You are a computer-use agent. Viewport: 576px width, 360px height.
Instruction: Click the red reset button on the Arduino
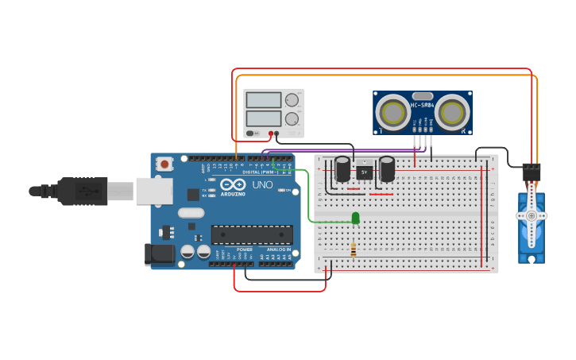pyautogui.click(x=164, y=165)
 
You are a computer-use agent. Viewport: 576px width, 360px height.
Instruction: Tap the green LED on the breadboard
pyautogui.click(x=355, y=218)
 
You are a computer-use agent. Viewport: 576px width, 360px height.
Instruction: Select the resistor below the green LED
pyautogui.click(x=354, y=250)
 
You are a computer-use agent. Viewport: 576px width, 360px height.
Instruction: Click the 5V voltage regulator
pyautogui.click(x=365, y=172)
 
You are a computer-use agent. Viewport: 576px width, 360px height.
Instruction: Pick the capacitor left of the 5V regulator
pyautogui.click(x=342, y=169)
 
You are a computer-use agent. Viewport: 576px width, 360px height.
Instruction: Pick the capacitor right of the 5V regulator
pyautogui.click(x=387, y=169)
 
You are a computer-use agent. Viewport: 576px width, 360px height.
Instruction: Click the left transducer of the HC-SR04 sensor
pyautogui.click(x=392, y=111)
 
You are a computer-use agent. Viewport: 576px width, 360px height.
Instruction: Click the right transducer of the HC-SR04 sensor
pyautogui.click(x=452, y=111)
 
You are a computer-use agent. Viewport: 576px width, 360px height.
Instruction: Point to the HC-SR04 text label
pyautogui.click(x=421, y=105)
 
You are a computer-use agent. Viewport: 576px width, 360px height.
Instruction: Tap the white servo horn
pyautogui.click(x=531, y=215)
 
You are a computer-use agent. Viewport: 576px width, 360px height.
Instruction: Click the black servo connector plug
pyautogui.click(x=531, y=172)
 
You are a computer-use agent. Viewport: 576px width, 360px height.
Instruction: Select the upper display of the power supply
pyautogui.click(x=264, y=100)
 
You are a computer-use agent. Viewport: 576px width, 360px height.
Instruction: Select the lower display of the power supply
pyautogui.click(x=264, y=118)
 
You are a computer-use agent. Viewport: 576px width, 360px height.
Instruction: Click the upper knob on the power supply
pyautogui.click(x=292, y=100)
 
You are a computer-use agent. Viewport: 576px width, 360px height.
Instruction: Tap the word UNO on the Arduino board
pyautogui.click(x=262, y=184)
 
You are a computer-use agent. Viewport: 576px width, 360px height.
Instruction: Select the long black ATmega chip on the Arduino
pyautogui.click(x=251, y=234)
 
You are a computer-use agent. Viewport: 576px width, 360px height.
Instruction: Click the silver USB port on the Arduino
pyautogui.click(x=154, y=192)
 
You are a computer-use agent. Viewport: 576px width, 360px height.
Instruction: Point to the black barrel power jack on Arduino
pyautogui.click(x=159, y=254)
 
